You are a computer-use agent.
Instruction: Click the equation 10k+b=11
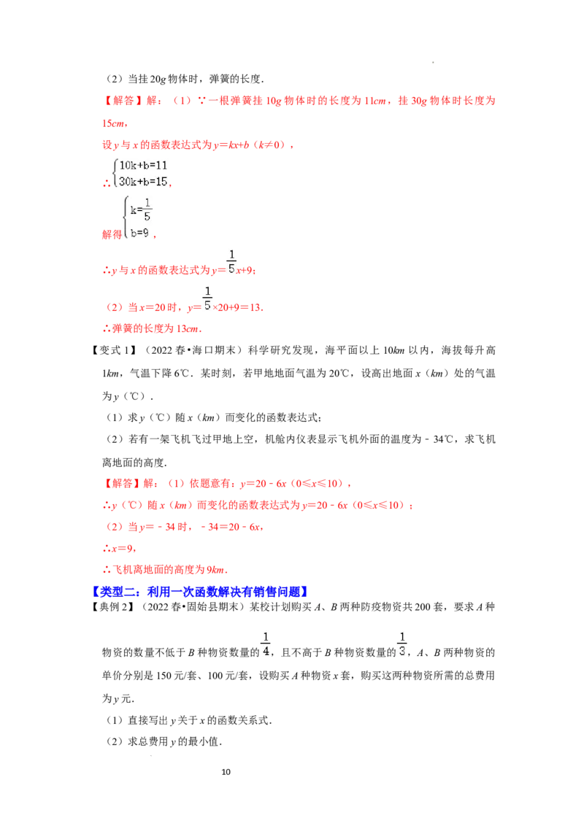point(143,166)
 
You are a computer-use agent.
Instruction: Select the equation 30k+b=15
point(143,182)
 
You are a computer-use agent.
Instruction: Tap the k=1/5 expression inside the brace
point(142,210)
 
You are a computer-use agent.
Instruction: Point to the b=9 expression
point(140,233)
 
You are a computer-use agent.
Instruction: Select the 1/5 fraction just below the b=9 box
point(231,260)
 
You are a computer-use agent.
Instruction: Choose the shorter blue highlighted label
point(117,593)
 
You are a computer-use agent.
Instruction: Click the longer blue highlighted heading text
point(228,593)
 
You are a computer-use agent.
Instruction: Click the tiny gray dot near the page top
point(435,61)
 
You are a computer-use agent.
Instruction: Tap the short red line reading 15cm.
point(115,123)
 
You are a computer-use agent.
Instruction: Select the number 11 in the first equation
point(161,166)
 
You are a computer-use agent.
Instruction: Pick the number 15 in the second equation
point(161,182)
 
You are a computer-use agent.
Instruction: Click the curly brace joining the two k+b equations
point(115,174)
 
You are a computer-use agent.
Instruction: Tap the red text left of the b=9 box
point(110,235)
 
